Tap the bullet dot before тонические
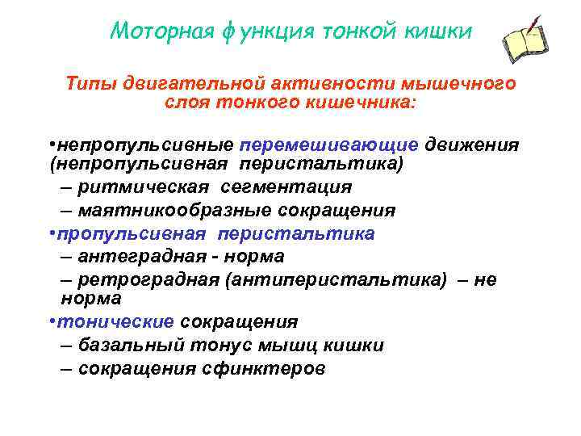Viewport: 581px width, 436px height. pyautogui.click(x=52, y=321)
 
